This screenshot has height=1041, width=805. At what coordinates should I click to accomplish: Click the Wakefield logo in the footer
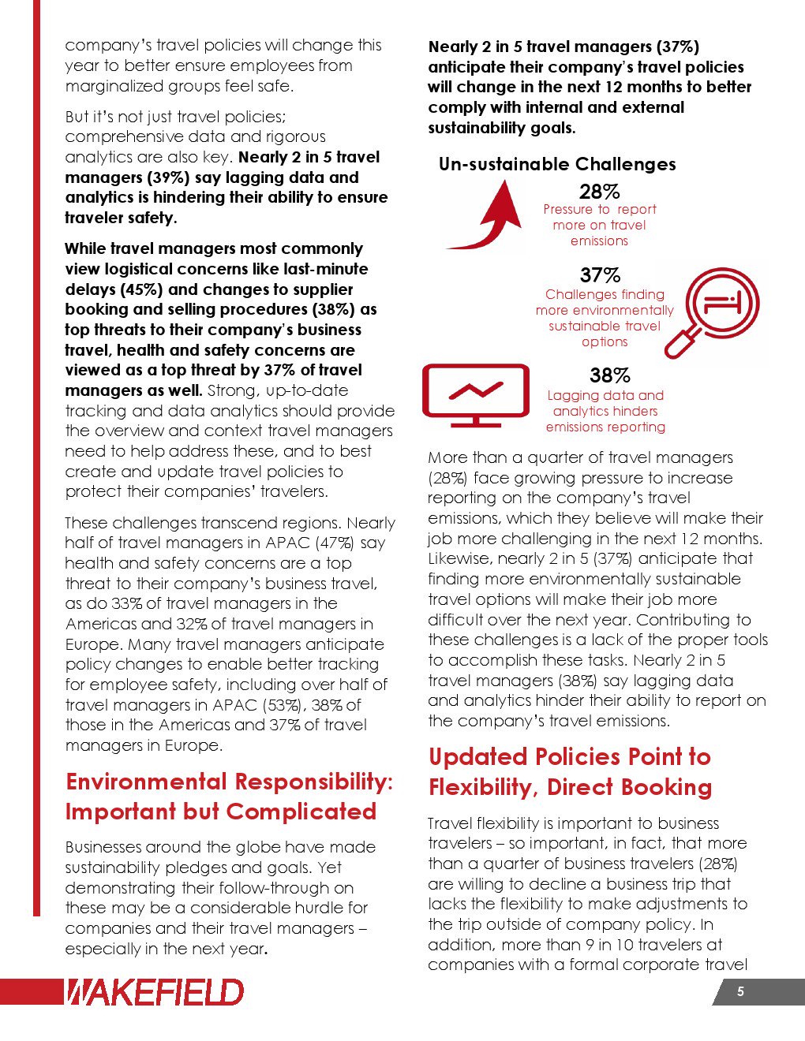pyautogui.click(x=154, y=991)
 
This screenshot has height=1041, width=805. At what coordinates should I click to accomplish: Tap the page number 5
pyautogui.click(x=740, y=991)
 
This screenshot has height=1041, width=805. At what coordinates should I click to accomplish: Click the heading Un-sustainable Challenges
pyautogui.click(x=557, y=164)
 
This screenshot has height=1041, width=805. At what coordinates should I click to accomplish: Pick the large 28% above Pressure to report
pyautogui.click(x=600, y=192)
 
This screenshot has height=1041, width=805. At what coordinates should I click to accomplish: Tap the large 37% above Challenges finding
pyautogui.click(x=600, y=276)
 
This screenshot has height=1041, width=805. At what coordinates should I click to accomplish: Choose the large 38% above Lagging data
pyautogui.click(x=610, y=376)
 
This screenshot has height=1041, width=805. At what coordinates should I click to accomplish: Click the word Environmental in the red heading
pyautogui.click(x=147, y=782)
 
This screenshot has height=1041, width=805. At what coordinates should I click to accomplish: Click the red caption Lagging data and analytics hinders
pyautogui.click(x=605, y=403)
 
